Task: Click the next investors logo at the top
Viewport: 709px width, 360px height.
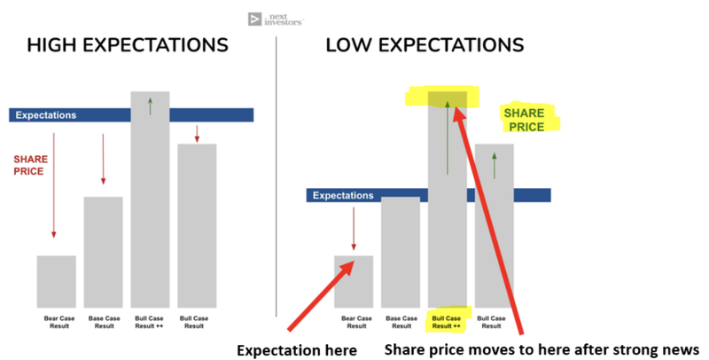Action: coord(276,20)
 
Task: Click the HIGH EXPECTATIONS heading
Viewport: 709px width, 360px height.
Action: coord(128,45)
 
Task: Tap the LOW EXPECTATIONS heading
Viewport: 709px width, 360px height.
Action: coord(425,45)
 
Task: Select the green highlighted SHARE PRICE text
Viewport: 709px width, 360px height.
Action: coord(524,120)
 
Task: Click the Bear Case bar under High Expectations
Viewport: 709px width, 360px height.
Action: coord(57,282)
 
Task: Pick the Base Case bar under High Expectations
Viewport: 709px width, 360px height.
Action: coord(103,253)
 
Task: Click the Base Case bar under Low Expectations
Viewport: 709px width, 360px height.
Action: coord(401,253)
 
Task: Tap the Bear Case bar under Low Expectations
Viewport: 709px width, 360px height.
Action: coord(354,282)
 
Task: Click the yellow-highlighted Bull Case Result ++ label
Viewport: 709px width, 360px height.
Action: coord(447,322)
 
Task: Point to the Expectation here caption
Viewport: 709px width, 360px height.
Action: coord(297,350)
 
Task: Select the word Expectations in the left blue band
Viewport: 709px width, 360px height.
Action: coord(46,115)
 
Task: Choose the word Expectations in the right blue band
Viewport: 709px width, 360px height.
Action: coord(343,195)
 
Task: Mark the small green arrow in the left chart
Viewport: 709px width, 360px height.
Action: coord(150,106)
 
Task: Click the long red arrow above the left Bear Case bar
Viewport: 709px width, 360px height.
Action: coord(54,185)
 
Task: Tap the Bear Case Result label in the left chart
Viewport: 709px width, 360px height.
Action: coord(59,322)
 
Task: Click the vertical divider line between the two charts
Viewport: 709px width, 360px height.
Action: coord(277,176)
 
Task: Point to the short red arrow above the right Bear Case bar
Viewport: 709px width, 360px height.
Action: coord(354,229)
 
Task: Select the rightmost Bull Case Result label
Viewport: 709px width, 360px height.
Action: coord(491,322)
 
